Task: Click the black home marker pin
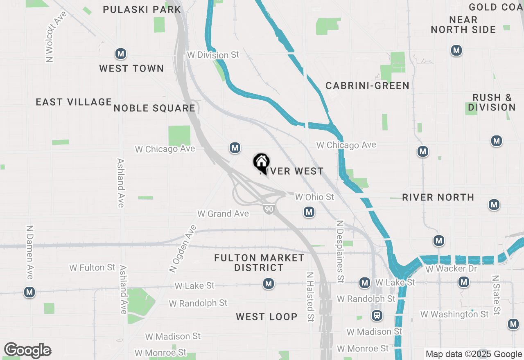pos(261,162)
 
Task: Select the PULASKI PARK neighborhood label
pos(142,9)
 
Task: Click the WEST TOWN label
pos(131,68)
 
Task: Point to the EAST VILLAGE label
pos(74,102)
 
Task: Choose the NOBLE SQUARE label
pos(154,108)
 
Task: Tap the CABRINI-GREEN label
pos(367,85)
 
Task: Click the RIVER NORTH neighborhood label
pos(438,197)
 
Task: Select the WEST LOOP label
pos(267,317)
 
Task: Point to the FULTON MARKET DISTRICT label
pos(259,263)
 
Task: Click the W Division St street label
pos(212,55)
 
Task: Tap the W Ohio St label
pos(314,197)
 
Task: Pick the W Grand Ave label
pos(223,214)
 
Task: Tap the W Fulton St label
pos(92,268)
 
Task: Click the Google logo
pos(27,350)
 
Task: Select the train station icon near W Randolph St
pos(377,315)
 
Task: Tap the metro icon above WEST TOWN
pos(120,54)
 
